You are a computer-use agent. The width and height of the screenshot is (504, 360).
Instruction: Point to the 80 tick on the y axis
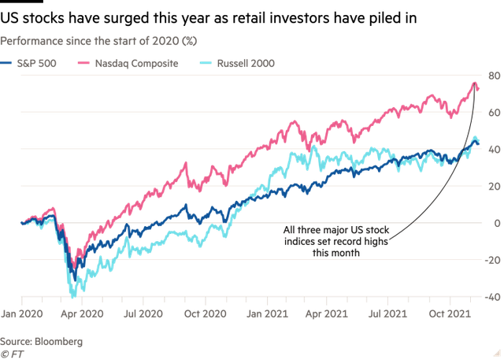click(x=494, y=76)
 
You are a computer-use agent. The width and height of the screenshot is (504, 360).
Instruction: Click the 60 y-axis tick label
click(x=494, y=113)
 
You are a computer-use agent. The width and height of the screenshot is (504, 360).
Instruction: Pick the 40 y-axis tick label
click(x=494, y=150)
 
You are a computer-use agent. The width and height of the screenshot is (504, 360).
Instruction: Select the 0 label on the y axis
click(x=496, y=223)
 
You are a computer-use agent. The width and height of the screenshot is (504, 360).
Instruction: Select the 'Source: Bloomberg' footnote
click(x=40, y=341)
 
